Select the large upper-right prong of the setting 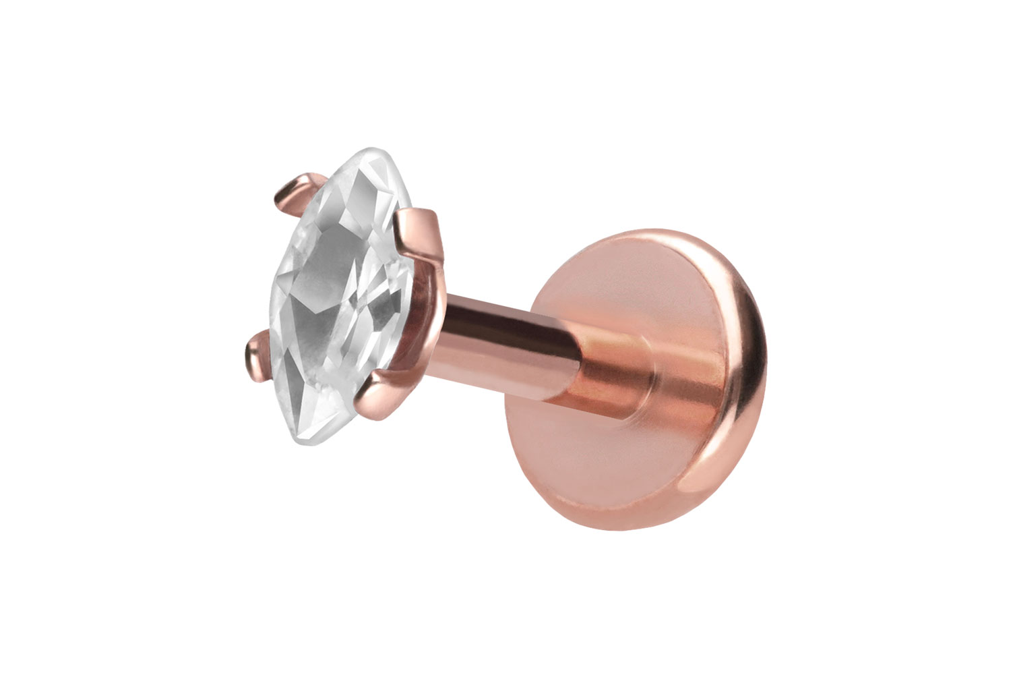[x=421, y=229]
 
